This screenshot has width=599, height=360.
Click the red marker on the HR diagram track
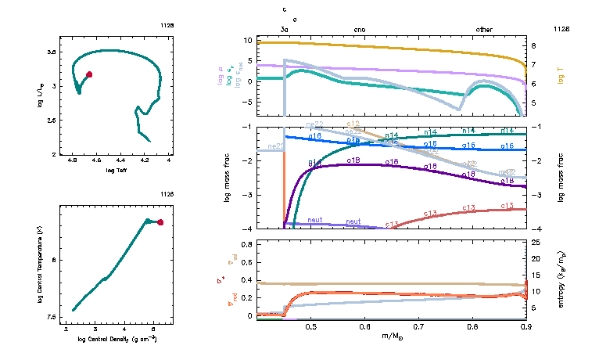point(89,74)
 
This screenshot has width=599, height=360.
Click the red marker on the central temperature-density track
point(160,222)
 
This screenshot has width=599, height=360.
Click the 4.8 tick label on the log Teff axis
point(73,160)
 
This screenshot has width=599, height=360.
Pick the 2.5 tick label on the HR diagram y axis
point(52,121)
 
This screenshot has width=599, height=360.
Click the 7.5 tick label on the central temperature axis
point(52,317)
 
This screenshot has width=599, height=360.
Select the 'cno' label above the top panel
point(359,29)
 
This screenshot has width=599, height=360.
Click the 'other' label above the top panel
point(485,29)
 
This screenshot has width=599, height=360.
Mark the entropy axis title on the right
point(562,279)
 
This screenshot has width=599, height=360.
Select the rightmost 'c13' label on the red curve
point(507,206)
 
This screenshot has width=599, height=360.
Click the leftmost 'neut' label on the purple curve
point(316,220)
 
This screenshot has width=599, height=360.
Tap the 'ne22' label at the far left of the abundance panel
point(275,146)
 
